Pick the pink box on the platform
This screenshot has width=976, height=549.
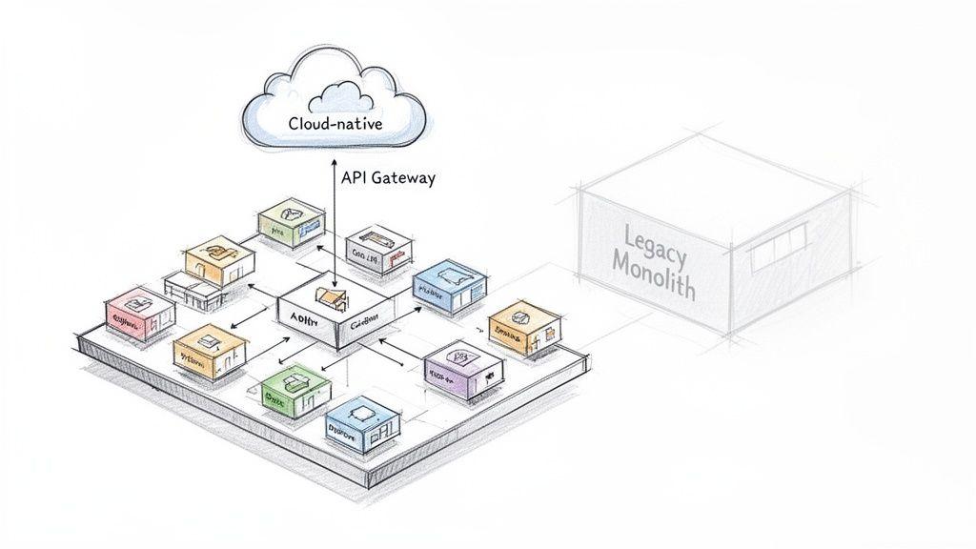coord(138,314)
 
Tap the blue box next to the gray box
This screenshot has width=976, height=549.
coord(449,284)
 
